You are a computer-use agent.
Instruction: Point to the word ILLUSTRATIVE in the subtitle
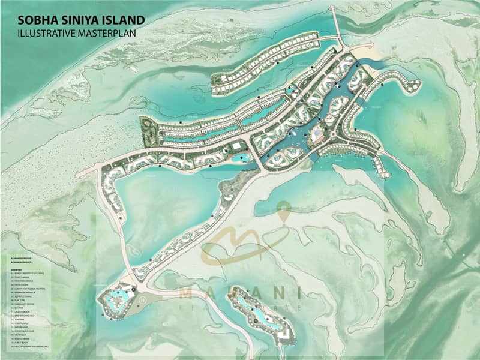pyautogui.click(x=46, y=32)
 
